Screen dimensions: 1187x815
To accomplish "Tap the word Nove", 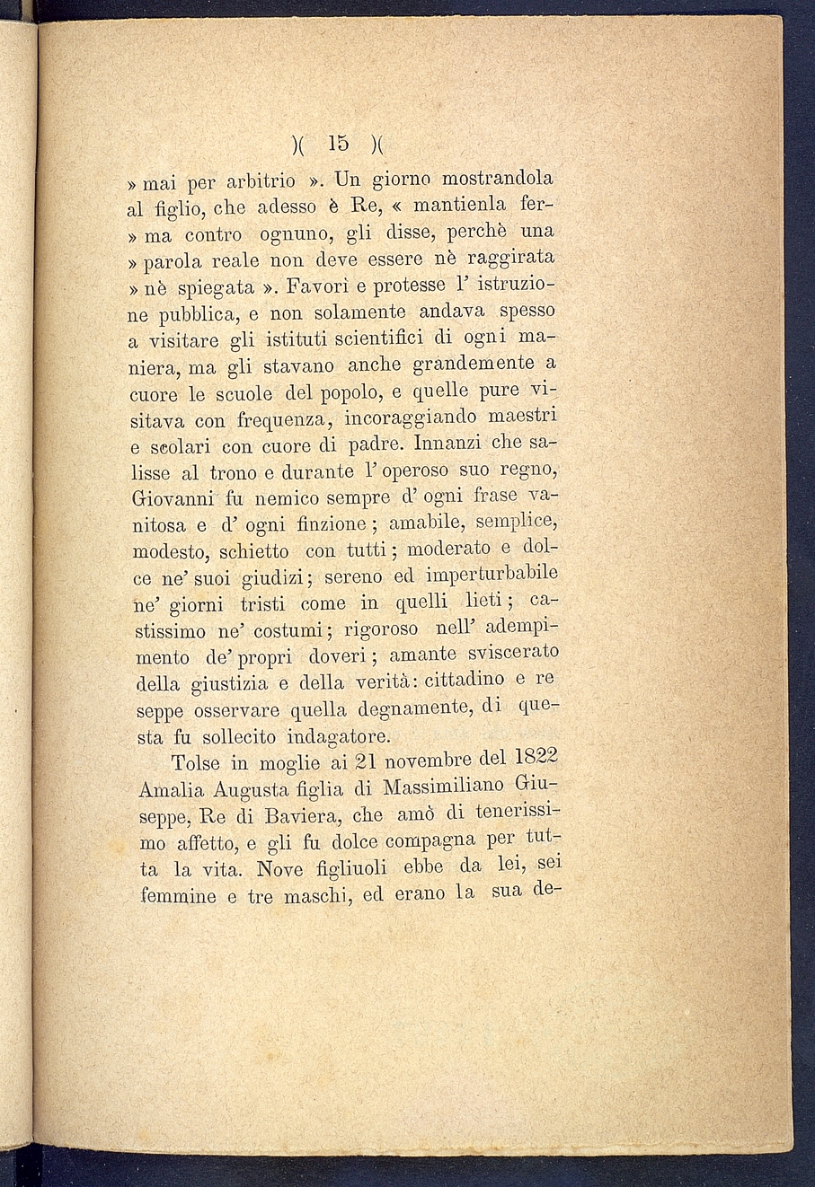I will (279, 869).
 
